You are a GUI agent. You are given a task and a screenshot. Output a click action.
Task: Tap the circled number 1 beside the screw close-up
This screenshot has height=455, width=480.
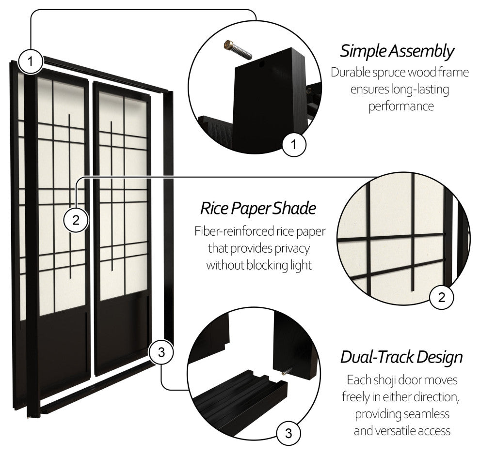tap(293, 143)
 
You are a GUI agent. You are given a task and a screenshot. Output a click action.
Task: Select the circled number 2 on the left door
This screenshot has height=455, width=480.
tap(76, 220)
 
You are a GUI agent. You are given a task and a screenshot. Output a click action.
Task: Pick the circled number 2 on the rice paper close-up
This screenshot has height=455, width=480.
tap(441, 297)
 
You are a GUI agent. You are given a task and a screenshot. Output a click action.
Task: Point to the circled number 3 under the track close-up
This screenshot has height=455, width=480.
tap(288, 433)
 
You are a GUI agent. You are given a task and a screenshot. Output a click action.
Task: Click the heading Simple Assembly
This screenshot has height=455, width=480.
tap(397, 51)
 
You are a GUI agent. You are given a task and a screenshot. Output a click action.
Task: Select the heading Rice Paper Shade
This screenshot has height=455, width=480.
tap(258, 209)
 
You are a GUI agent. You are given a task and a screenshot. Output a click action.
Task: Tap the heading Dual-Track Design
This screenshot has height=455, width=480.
tap(401, 358)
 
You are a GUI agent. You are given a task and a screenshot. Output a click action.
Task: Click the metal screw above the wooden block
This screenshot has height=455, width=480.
tap(238, 50)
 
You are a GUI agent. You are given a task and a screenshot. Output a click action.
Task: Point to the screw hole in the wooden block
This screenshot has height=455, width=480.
tap(262, 63)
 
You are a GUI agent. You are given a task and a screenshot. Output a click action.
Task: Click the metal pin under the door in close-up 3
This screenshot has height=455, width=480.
tap(286, 372)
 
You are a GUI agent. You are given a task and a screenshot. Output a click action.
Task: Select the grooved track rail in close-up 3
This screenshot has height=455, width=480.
tap(242, 392)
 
